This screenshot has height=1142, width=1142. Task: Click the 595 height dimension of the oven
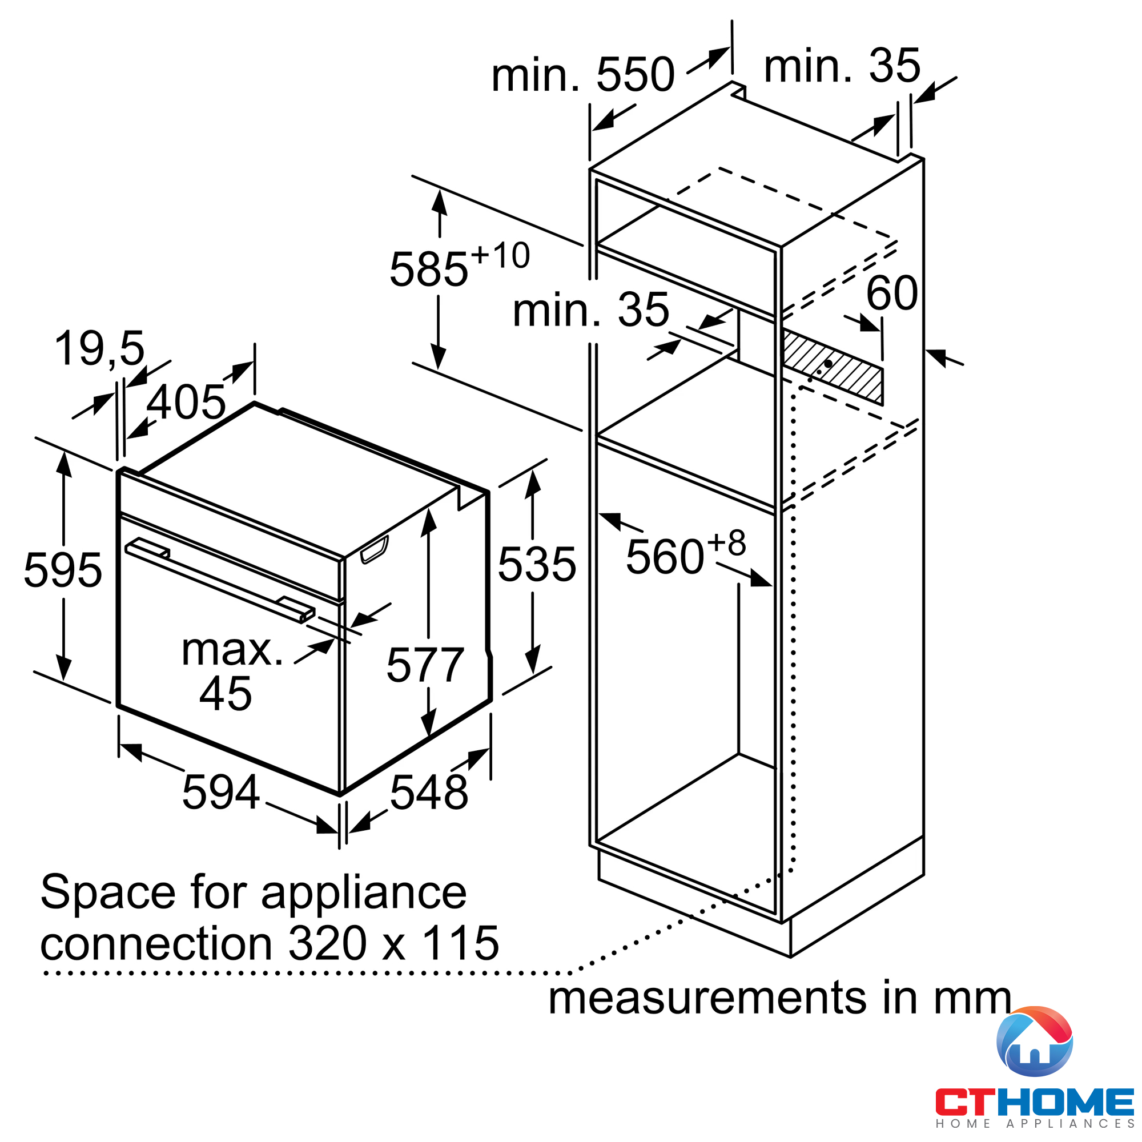[63, 570]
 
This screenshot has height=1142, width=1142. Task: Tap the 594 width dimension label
[221, 792]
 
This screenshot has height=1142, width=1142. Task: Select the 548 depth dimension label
[429, 792]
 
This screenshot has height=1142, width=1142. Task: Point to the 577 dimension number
[425, 665]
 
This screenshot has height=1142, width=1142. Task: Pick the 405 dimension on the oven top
[186, 402]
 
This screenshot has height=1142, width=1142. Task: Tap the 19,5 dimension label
[99, 348]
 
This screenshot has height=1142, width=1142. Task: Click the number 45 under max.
[225, 693]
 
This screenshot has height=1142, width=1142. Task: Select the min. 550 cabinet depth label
[583, 74]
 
